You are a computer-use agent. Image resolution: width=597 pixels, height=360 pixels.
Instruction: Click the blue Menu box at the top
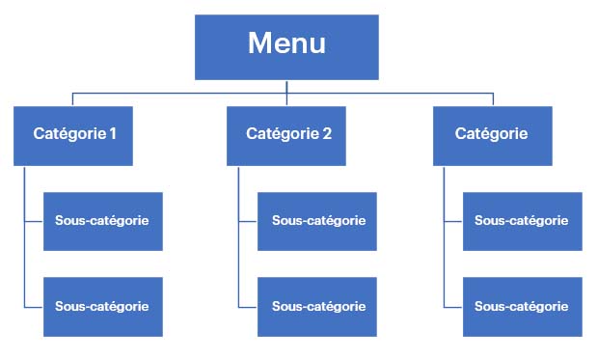click(286, 46)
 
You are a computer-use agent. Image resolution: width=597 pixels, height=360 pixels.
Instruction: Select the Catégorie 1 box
click(73, 135)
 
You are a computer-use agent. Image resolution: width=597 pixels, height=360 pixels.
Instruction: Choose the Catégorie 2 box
click(286, 135)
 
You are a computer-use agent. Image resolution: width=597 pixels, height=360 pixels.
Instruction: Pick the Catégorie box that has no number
click(492, 135)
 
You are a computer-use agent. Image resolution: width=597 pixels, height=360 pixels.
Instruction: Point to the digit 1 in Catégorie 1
click(113, 134)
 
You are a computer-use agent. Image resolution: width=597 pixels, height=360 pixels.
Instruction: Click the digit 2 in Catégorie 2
click(327, 134)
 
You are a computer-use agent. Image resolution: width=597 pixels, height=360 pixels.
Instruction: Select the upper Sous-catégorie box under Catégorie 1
click(102, 221)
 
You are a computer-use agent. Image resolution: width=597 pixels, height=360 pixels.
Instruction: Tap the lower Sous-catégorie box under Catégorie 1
click(102, 307)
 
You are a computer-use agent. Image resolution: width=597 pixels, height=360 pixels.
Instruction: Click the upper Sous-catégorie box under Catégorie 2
click(317, 221)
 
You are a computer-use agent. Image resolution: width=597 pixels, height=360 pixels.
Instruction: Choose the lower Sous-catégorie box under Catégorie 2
click(317, 307)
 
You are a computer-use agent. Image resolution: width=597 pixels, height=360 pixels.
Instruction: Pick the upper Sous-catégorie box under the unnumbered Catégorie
click(522, 221)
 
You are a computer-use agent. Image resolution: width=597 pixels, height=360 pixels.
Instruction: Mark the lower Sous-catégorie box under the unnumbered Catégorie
click(522, 307)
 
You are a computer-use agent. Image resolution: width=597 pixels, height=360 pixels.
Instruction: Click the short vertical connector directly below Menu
click(286, 86)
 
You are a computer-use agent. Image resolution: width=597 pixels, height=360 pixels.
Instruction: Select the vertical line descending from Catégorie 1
click(24, 261)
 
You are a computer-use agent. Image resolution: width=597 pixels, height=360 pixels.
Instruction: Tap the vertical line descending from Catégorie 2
click(238, 261)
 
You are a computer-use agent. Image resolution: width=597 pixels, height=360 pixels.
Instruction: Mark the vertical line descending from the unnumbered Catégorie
click(444, 261)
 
